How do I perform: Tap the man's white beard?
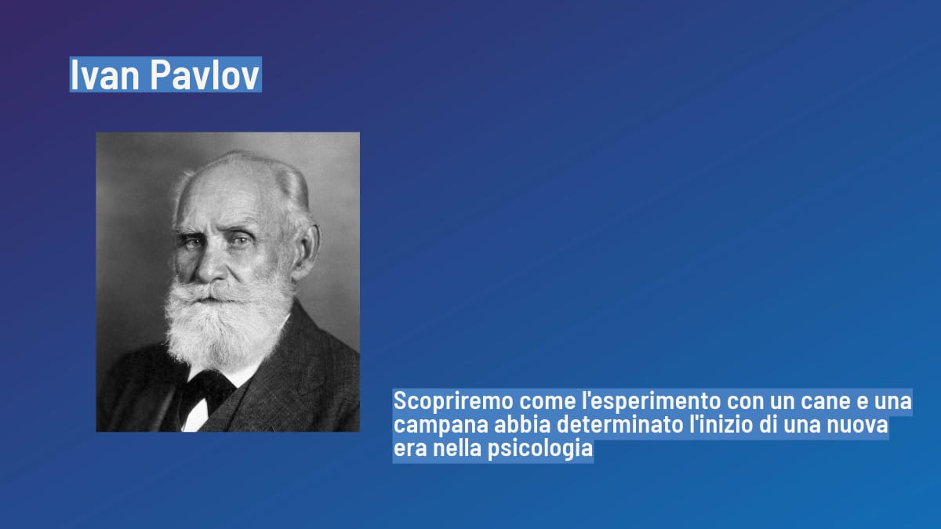point(223,321)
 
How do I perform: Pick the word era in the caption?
point(408,451)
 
